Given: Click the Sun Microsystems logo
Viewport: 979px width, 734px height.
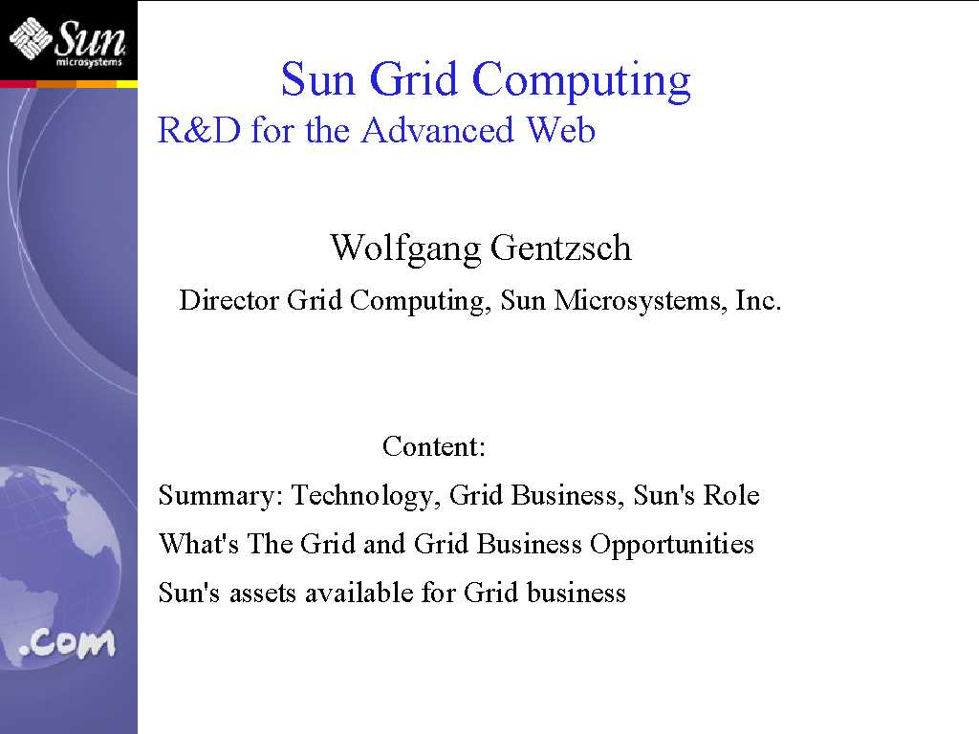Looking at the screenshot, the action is tap(68, 41).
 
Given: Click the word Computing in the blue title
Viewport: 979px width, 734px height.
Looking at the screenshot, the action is tap(581, 81).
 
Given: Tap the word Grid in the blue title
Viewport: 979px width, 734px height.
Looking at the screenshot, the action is tap(413, 79).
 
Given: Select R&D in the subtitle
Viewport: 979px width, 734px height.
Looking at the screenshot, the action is tap(199, 130).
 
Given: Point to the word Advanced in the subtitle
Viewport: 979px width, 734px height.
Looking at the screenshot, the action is tap(438, 130).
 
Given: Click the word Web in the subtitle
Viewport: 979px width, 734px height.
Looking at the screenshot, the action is tap(560, 130).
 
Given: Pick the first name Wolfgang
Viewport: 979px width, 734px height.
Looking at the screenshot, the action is tap(405, 249).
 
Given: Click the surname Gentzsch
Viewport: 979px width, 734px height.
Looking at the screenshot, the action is tap(560, 248).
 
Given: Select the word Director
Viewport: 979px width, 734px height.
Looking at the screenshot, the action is tap(229, 300).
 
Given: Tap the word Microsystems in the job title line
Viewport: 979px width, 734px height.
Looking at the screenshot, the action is tap(640, 301).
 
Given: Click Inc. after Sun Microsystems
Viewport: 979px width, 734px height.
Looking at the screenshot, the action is tap(758, 300).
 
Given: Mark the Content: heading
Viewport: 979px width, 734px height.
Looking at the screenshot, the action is tap(434, 446).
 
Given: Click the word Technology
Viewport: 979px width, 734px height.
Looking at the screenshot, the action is tap(366, 496).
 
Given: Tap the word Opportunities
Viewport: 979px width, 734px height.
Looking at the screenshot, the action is tap(672, 545).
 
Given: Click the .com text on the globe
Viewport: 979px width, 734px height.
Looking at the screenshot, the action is tap(68, 643).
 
